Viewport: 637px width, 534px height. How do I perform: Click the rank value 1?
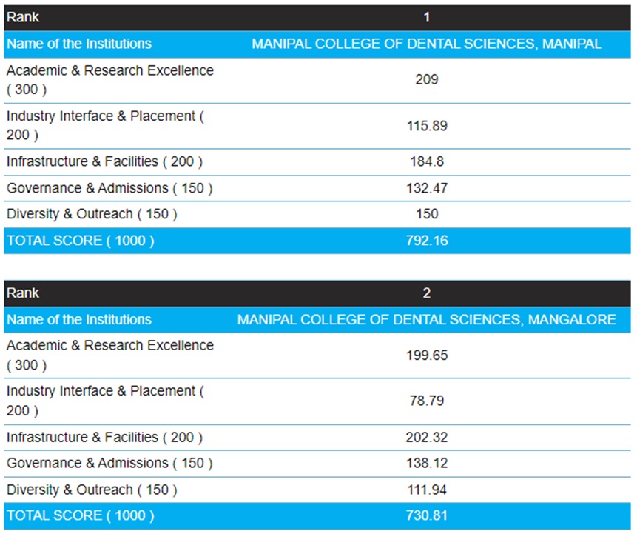pos(426,17)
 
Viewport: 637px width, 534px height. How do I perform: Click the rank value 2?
pos(426,293)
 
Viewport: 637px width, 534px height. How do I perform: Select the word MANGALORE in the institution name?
pos(579,319)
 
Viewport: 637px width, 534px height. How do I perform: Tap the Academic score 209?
pos(426,79)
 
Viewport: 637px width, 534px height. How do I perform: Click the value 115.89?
pos(426,125)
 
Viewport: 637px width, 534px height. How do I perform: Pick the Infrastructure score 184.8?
pos(426,161)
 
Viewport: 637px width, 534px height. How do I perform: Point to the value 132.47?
pos(426,188)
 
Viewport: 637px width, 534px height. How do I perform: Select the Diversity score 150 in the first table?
pos(426,214)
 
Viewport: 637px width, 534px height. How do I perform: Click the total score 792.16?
pos(426,240)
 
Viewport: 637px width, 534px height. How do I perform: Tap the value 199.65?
pos(426,355)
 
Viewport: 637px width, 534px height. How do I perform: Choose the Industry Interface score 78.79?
pos(426,401)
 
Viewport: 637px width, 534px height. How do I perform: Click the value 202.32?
pos(426,437)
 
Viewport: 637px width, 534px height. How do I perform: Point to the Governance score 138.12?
pos(426,463)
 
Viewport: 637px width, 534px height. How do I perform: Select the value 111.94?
pos(426,490)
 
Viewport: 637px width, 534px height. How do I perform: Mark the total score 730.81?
pos(426,515)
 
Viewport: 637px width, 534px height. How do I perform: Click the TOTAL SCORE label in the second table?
pos(81,515)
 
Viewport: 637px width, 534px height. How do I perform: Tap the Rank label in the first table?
pos(23,17)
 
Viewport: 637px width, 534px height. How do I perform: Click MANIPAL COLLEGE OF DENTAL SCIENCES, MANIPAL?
pos(426,44)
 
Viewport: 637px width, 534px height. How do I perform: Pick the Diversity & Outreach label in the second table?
pos(92,490)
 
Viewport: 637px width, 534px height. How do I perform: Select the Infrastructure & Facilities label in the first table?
pos(104,161)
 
